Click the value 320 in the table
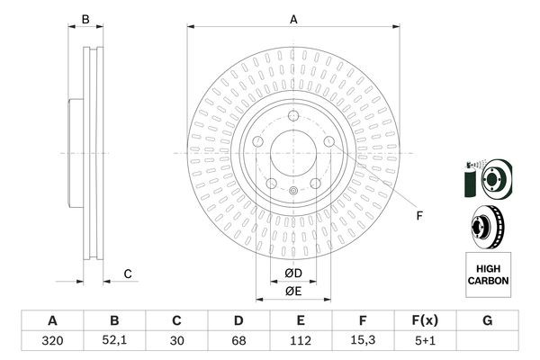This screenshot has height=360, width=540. pos(52,342)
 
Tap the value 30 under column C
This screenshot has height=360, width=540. pos(176,342)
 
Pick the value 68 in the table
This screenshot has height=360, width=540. pos(238,342)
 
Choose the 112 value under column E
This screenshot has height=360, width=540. pos(301,342)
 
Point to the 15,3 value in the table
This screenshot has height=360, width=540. pos(363,342)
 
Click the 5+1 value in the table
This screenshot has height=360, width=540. pos(425,342)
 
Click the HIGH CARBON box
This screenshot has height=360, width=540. pos(488,274)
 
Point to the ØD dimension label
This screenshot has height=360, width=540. pos(293,274)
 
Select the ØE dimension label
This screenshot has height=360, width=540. pos(293,290)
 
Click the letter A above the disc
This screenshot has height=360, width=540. pos(293,19)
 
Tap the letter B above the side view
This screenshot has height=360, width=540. pos(86,19)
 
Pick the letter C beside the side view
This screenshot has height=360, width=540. pos(128,274)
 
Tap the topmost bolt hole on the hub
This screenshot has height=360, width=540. pos(293,114)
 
